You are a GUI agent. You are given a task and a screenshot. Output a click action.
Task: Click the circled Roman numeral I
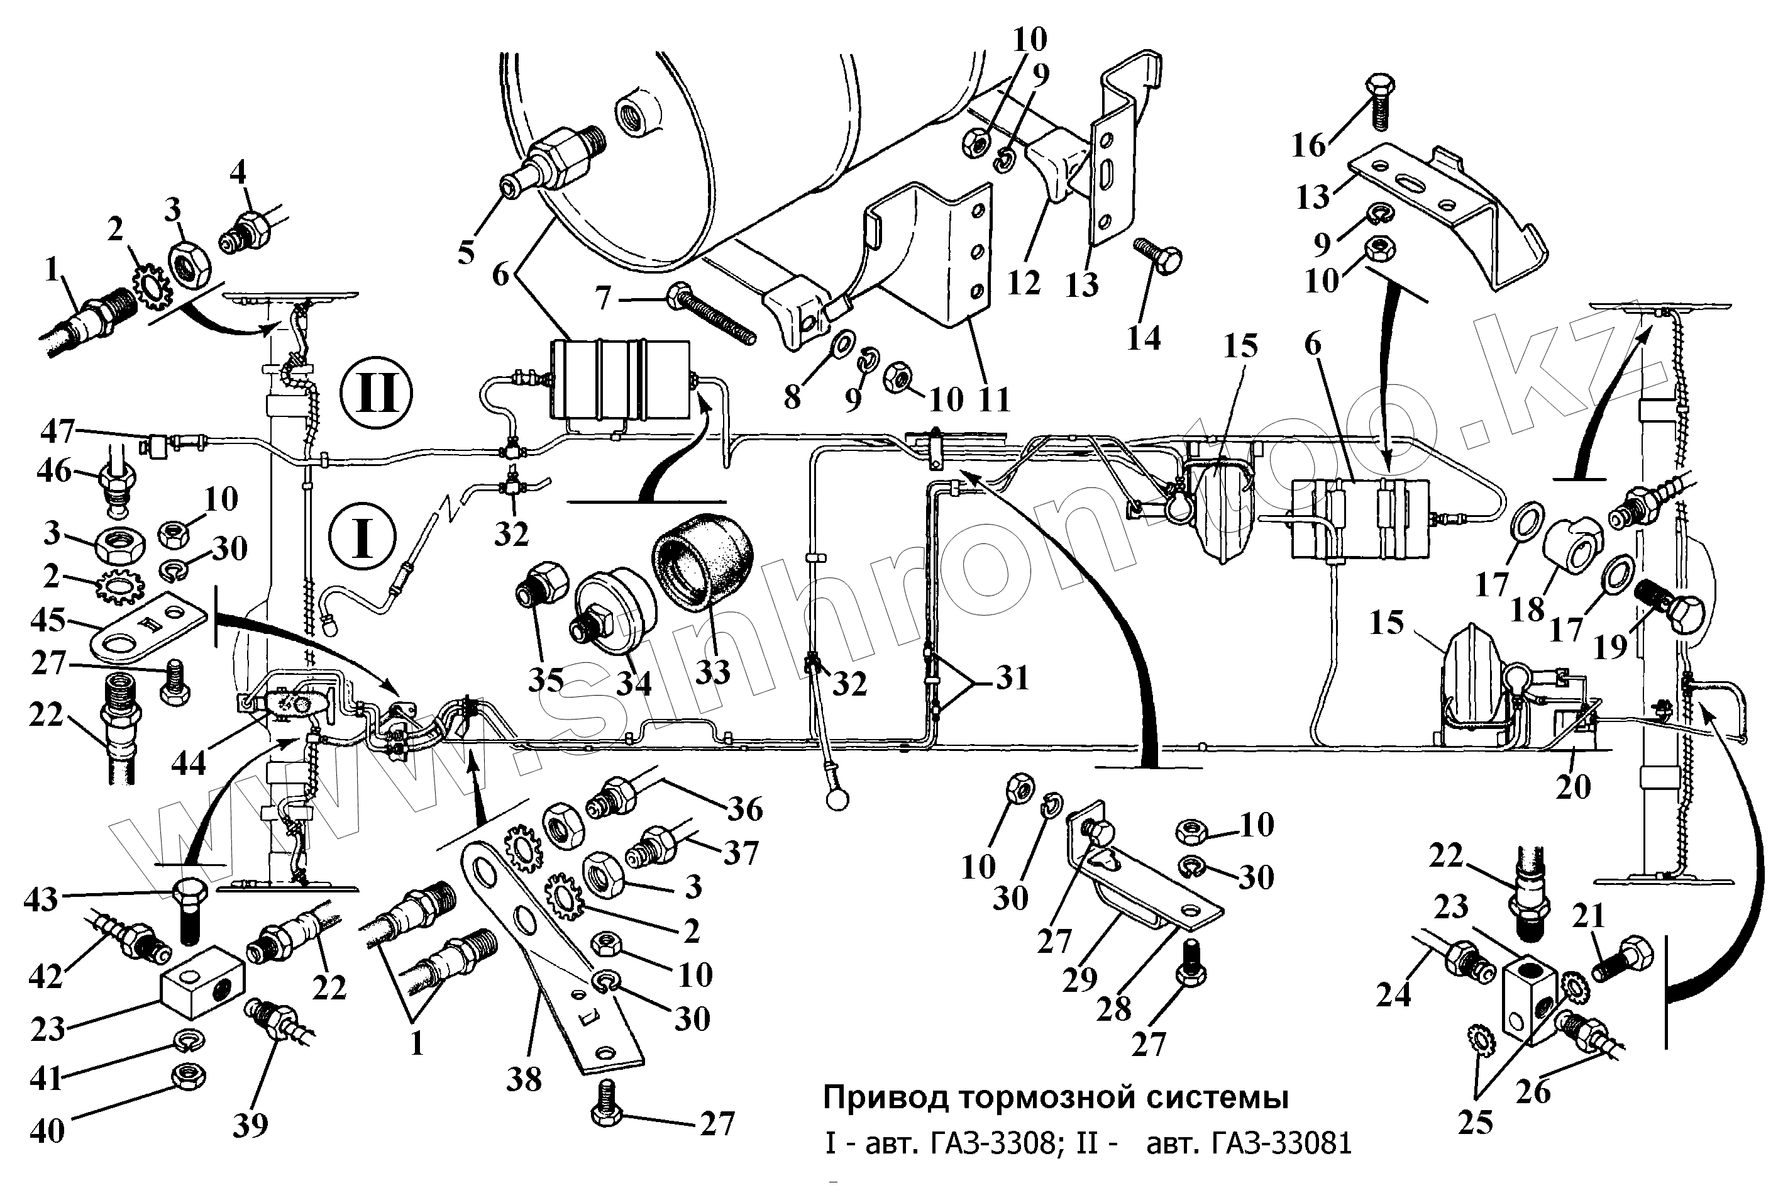[363, 537]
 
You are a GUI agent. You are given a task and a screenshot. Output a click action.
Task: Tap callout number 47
[58, 433]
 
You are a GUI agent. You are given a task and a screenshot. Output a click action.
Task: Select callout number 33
[713, 672]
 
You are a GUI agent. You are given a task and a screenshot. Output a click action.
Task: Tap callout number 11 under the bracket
[993, 399]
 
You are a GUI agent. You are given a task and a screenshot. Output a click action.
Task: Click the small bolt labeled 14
[1157, 256]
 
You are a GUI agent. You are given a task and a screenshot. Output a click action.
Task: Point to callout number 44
[188, 762]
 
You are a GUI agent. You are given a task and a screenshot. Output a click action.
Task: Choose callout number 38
[524, 1079]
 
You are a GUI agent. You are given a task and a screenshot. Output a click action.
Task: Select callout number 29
[1079, 979]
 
